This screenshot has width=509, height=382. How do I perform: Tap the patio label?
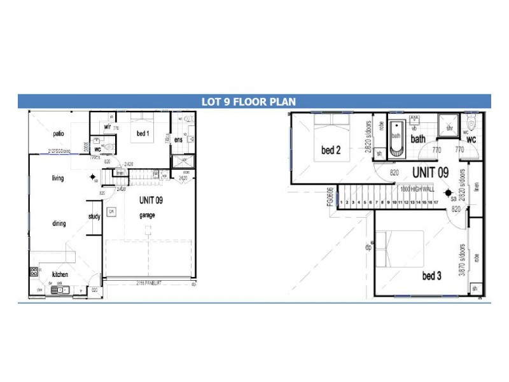(58, 134)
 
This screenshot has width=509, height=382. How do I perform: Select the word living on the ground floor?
(58, 178)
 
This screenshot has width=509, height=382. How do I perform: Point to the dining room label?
(59, 223)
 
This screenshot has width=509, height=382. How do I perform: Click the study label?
(94, 216)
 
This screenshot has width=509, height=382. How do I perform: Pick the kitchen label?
(60, 274)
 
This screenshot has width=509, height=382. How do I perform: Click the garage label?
(148, 215)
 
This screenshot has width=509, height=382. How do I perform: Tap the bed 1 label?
(143, 134)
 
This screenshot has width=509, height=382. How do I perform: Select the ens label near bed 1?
(179, 139)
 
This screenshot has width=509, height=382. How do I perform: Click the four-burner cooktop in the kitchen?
(34, 272)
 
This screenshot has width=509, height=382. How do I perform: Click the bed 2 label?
(331, 150)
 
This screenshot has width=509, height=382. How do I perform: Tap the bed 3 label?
(431, 276)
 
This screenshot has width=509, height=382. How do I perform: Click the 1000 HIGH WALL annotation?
(417, 189)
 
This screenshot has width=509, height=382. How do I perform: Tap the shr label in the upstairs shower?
(449, 128)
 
